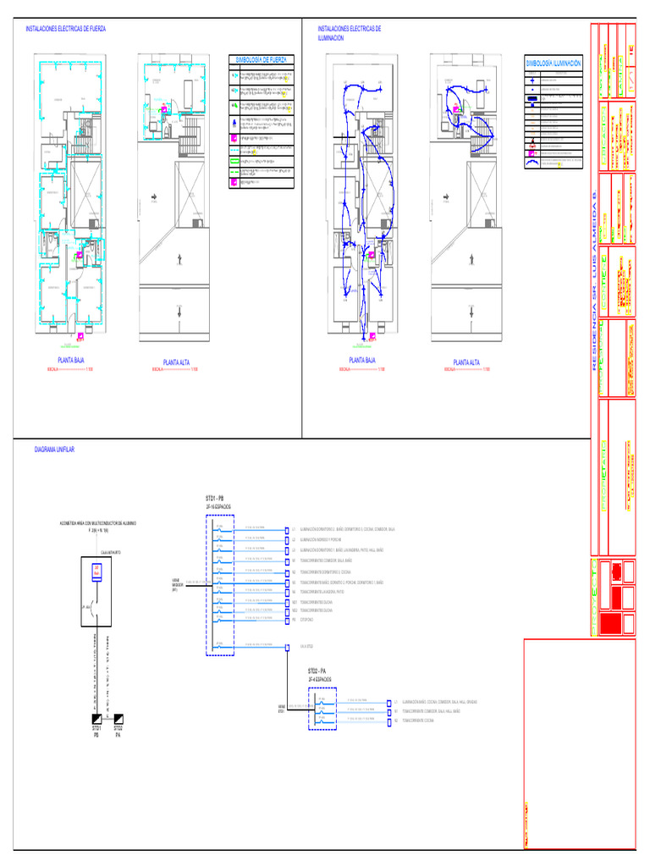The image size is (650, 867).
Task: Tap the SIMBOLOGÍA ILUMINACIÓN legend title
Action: click(x=554, y=64)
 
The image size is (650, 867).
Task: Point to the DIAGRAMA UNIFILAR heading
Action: click(x=55, y=449)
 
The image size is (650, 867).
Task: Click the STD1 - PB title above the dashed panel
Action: click(x=215, y=497)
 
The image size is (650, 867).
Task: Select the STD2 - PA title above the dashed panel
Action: click(x=319, y=671)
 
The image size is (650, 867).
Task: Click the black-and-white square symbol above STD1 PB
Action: click(x=98, y=716)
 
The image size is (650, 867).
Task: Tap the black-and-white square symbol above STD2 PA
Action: click(x=118, y=716)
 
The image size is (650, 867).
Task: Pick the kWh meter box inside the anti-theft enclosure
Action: click(x=96, y=570)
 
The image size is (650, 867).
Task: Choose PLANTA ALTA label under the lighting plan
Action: click(x=466, y=362)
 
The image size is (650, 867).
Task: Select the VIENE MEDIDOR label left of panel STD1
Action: click(x=177, y=583)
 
